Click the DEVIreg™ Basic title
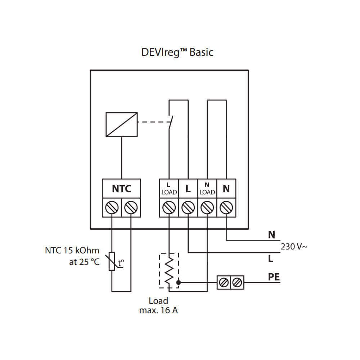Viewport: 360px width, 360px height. [177, 52]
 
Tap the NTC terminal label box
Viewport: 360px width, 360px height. [121, 188]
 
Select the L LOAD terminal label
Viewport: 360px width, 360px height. [169, 188]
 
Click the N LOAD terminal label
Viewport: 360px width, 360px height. [207, 188]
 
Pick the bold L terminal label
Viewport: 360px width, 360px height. [188, 188]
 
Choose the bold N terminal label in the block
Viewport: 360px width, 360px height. [226, 188]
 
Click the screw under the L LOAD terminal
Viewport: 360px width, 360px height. [169, 207]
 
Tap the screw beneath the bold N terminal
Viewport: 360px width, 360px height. [226, 207]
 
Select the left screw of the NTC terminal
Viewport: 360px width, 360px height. [112, 207]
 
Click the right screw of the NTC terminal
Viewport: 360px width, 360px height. [131, 207]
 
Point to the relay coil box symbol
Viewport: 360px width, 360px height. [121, 125]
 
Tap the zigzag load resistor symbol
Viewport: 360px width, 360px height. [169, 271]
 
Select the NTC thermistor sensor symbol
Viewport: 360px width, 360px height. [112, 261]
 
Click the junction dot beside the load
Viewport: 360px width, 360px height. [178, 282]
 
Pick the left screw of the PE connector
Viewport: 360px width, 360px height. [224, 283]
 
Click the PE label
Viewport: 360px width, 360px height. [274, 277]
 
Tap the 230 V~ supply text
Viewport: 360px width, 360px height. [294, 247]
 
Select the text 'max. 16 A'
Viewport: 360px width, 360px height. [158, 310]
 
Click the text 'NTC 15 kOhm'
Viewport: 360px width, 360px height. [72, 250]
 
